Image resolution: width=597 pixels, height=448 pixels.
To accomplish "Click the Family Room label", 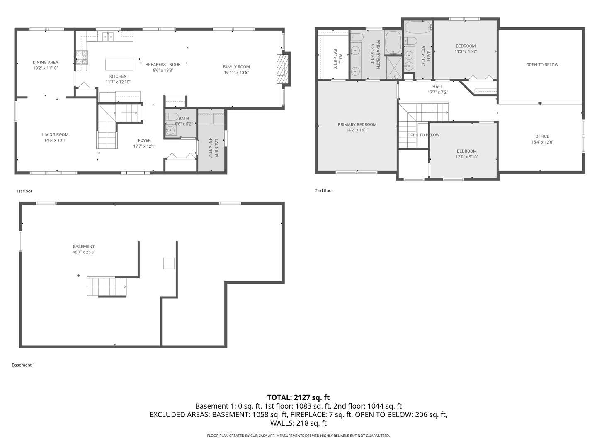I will tap(236, 67).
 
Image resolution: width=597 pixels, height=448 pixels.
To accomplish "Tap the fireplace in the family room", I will tap(282, 69).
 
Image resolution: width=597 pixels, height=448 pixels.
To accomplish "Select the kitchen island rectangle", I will tap(119, 65).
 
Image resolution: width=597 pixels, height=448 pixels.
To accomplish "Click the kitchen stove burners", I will tap(81, 57).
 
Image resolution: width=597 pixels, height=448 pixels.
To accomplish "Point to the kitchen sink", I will tap(108, 37).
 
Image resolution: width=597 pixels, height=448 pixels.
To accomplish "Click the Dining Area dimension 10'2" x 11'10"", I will tap(46, 68).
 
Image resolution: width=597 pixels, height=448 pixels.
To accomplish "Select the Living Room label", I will tap(55, 134).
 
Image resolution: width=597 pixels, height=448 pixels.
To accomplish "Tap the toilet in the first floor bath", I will tap(172, 117).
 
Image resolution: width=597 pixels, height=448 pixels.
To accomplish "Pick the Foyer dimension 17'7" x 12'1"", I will tap(144, 146).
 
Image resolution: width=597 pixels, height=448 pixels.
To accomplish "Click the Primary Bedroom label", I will tap(357, 124).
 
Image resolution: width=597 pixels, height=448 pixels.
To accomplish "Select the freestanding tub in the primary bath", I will tap(393, 42).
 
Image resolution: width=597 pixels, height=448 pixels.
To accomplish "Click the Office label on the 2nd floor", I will tap(542, 136).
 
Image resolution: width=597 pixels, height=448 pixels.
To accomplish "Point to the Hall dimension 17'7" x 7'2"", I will tap(437, 93).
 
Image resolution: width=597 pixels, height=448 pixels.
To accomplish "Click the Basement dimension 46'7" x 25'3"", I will tap(84, 252).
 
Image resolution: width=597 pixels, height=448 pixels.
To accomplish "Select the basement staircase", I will tap(107, 287).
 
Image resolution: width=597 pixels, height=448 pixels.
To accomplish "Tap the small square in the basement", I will tap(169, 263).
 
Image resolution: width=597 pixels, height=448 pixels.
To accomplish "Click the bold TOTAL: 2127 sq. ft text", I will tap(298, 397).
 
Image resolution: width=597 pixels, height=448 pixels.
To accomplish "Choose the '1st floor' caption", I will tap(24, 191).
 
